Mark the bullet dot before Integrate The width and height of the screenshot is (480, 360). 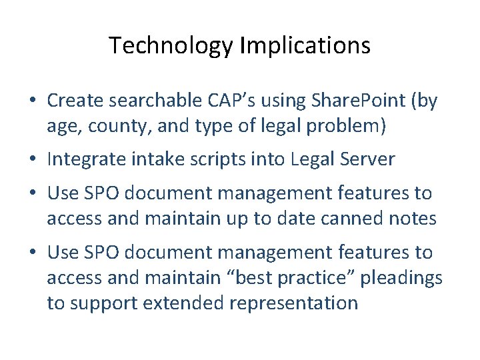(33, 160)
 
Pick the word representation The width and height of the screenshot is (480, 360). (293, 303)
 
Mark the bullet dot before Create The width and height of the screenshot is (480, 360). (33, 101)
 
